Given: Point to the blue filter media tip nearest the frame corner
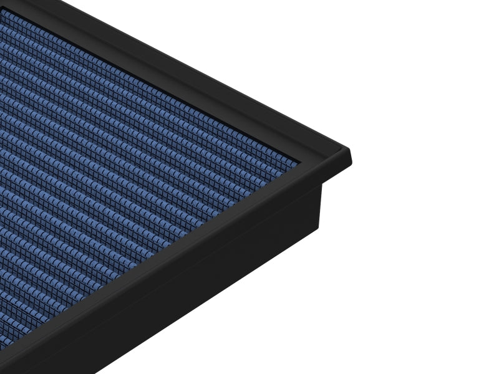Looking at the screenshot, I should pyautogui.click(x=293, y=163).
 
